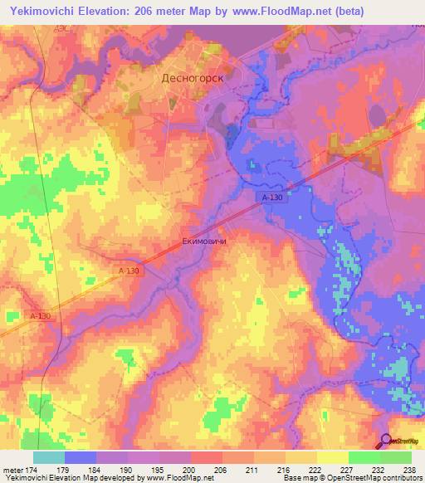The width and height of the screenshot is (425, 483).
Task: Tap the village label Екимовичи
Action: [204, 242]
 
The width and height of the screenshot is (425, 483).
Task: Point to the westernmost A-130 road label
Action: [40, 316]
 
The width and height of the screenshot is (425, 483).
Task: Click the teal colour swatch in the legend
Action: [49, 457]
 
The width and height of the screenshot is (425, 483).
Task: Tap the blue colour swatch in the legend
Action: [81, 457]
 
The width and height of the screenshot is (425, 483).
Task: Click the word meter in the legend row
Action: [11, 469]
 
